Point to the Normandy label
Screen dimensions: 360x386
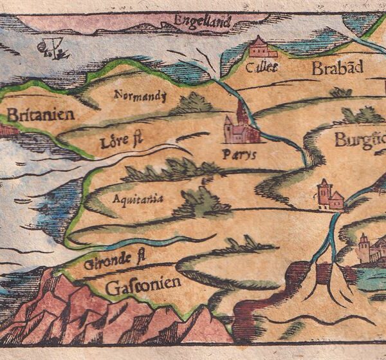point(140,96)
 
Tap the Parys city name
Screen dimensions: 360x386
point(239,155)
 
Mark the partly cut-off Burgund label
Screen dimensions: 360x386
point(359,140)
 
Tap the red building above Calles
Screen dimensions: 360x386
point(260,47)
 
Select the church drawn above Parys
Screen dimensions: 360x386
point(240,126)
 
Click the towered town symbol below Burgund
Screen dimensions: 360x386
point(330,195)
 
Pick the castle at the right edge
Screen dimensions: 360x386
point(372,248)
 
